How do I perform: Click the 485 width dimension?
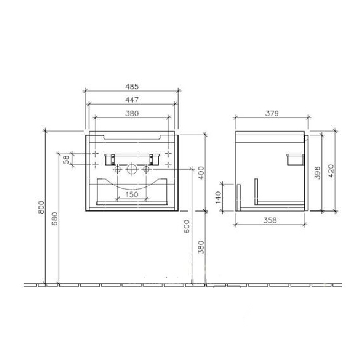132,86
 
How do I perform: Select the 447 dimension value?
132,100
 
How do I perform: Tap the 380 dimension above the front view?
132,113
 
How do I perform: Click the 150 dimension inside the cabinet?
133,194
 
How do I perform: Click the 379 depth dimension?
272,114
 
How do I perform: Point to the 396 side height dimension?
318,171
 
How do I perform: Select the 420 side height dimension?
332,169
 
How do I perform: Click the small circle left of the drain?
118,169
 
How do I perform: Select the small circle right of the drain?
146,169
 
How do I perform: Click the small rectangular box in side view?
294,157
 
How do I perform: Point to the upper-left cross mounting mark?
95,153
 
